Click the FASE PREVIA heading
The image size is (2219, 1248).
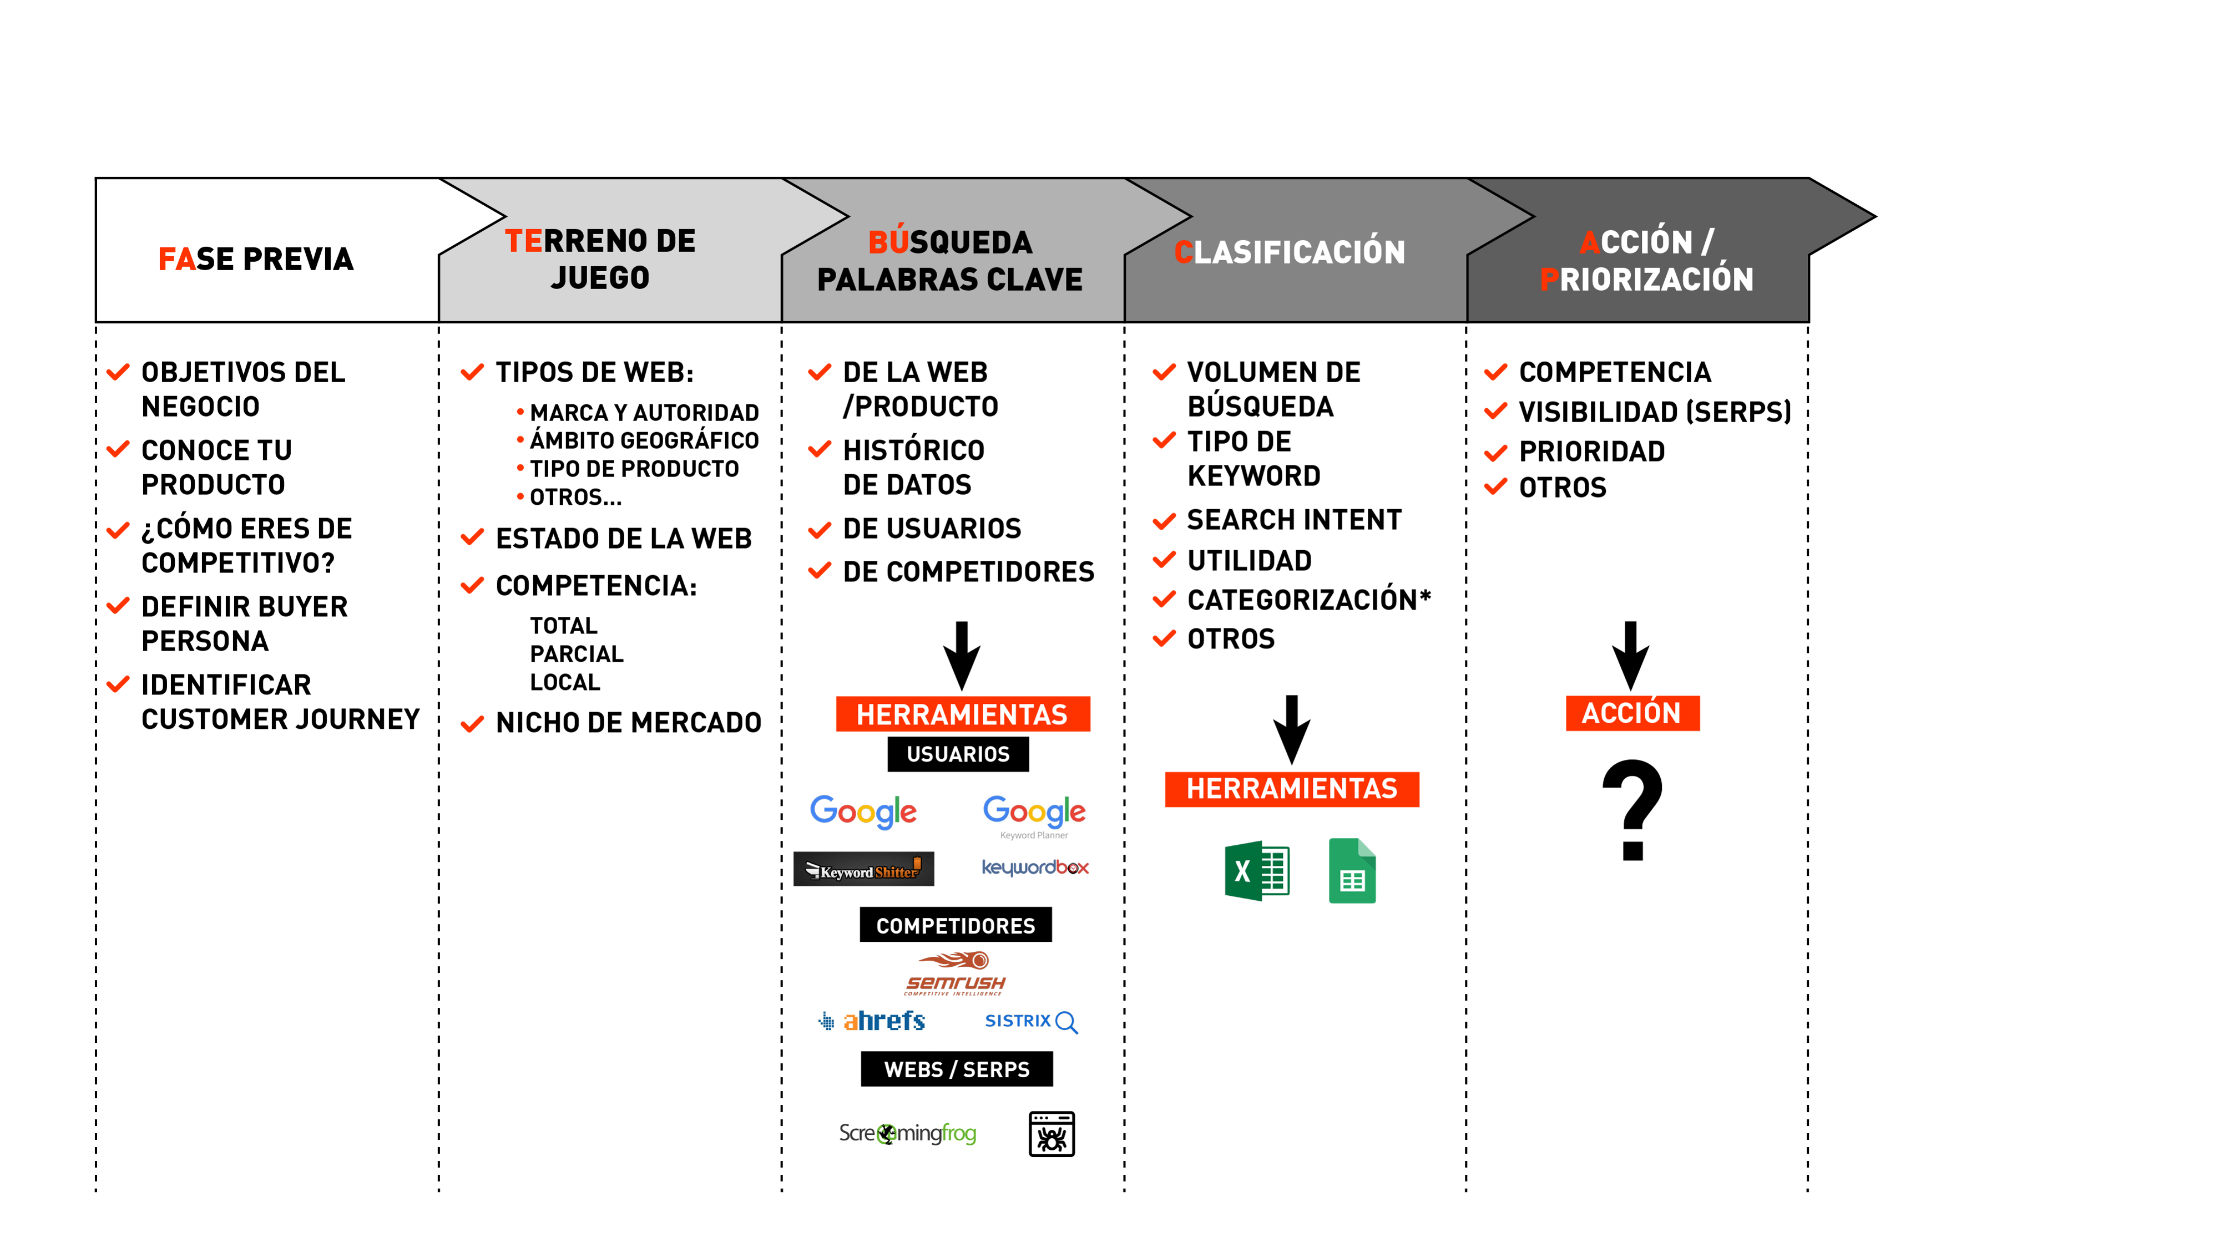point(256,258)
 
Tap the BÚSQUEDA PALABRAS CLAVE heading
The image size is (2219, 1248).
point(949,260)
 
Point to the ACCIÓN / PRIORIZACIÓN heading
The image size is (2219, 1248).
point(1646,260)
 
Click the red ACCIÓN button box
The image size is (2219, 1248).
point(1631,713)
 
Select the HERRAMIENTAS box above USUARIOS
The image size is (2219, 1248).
point(962,714)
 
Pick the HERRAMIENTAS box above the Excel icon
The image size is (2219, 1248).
point(1291,789)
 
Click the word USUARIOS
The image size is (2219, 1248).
point(958,754)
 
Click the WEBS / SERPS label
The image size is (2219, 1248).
point(956,1070)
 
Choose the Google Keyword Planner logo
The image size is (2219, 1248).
point(1034,818)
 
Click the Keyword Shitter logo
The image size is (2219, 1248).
point(863,870)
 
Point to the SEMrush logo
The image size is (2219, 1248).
point(956,973)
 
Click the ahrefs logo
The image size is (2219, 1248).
point(872,1021)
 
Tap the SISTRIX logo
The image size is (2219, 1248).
point(1030,1022)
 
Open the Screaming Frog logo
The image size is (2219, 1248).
point(907,1133)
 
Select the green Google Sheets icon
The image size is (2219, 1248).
point(1352,871)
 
